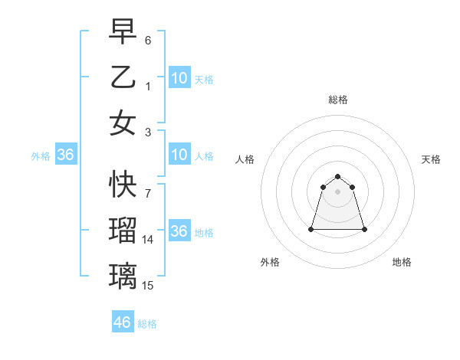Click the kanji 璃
pyautogui.click(x=123, y=275)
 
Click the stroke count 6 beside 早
pyautogui.click(x=148, y=40)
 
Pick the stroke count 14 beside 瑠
pyautogui.click(x=148, y=240)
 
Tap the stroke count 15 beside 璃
pyautogui.click(x=148, y=286)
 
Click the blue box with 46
pyautogui.click(x=123, y=322)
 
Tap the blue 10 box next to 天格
pyautogui.click(x=179, y=77)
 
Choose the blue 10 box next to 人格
pyautogui.click(x=179, y=155)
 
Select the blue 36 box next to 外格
pyautogui.click(x=66, y=155)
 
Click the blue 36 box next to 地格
pyautogui.click(x=179, y=231)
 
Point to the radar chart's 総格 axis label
pyautogui.click(x=338, y=100)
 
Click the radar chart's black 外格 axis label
pyautogui.click(x=270, y=262)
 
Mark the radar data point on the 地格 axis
pyautogui.click(x=364, y=229)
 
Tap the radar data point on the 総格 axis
pyautogui.click(x=338, y=177)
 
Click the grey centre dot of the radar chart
pyautogui.click(x=338, y=191)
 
